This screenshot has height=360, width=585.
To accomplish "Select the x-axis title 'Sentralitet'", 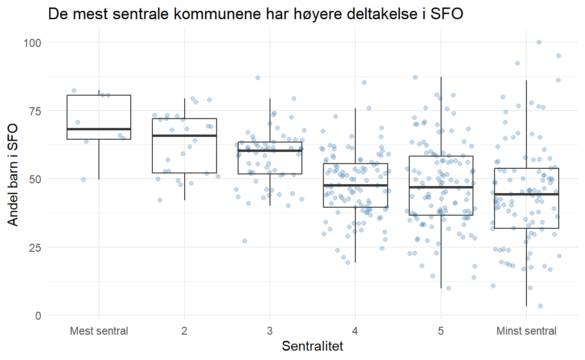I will click(312, 346).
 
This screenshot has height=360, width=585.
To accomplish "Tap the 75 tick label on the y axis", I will click(35, 111).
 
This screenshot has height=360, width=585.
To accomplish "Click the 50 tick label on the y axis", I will click(35, 179).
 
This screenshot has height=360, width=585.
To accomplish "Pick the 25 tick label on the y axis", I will click(35, 247).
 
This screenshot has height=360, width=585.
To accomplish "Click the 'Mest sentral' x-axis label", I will click(99, 331).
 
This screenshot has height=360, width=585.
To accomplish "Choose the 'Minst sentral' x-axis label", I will click(526, 331).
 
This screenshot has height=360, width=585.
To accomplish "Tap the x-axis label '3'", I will click(270, 331).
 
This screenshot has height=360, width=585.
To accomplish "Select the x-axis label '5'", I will click(441, 331).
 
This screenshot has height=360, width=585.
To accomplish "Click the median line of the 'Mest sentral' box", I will click(99, 129).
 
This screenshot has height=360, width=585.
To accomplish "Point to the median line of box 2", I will click(184, 135).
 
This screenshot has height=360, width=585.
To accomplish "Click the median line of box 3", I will click(270, 150).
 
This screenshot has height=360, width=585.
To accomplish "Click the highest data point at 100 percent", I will click(539, 42).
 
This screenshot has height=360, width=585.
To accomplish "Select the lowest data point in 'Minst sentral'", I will click(540, 306).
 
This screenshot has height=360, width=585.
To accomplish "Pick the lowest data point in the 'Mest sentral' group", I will click(83, 180).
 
